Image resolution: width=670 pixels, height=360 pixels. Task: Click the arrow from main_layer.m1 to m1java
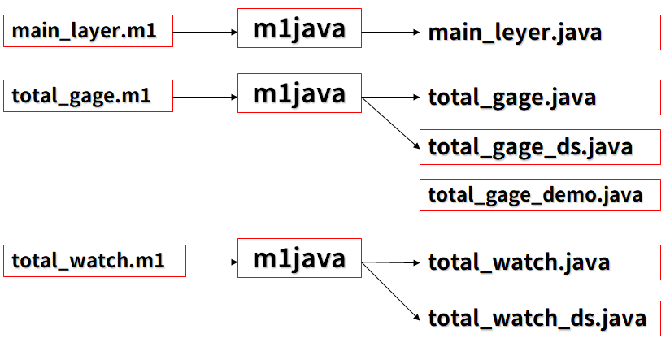205,32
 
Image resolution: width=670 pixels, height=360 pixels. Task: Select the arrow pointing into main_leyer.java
390,32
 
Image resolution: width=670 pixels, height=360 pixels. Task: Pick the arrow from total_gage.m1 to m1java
205,98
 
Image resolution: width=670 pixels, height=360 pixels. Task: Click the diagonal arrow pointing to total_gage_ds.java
390,123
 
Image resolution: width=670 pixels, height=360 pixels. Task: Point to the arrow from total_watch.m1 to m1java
211,262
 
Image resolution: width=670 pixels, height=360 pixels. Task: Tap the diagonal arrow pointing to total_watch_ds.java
390,291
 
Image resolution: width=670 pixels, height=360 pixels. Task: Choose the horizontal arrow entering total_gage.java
390,98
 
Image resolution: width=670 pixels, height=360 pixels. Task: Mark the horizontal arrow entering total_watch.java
390,262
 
